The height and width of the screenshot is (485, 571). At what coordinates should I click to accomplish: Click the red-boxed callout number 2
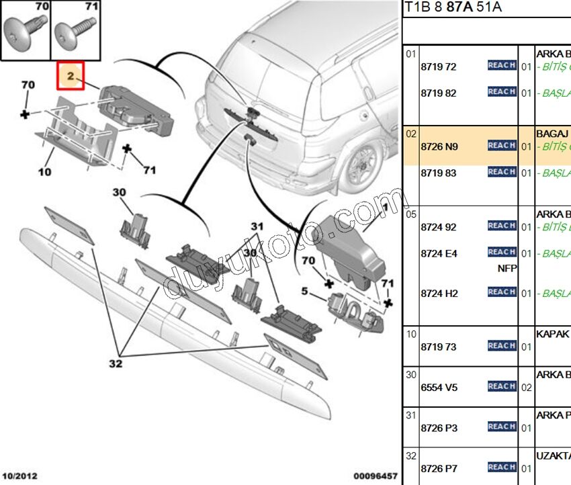tap(70, 77)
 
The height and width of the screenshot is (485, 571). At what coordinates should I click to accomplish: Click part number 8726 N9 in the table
tap(439, 146)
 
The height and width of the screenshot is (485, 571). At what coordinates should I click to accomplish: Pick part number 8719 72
tap(438, 67)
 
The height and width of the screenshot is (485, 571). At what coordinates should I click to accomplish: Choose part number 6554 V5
tap(439, 388)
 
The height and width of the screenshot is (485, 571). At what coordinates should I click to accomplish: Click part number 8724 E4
tap(439, 253)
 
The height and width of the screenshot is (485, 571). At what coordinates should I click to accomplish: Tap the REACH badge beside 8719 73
tap(502, 346)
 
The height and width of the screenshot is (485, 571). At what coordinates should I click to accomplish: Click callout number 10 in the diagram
tap(44, 173)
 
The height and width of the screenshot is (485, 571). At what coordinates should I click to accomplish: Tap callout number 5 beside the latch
tap(304, 292)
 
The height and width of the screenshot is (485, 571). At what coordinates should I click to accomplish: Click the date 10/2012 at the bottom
tap(19, 476)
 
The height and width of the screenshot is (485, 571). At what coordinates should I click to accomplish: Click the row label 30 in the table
tap(410, 375)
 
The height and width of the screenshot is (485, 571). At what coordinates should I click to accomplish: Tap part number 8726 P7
tap(439, 468)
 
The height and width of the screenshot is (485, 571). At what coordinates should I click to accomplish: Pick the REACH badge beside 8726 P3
tap(502, 427)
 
